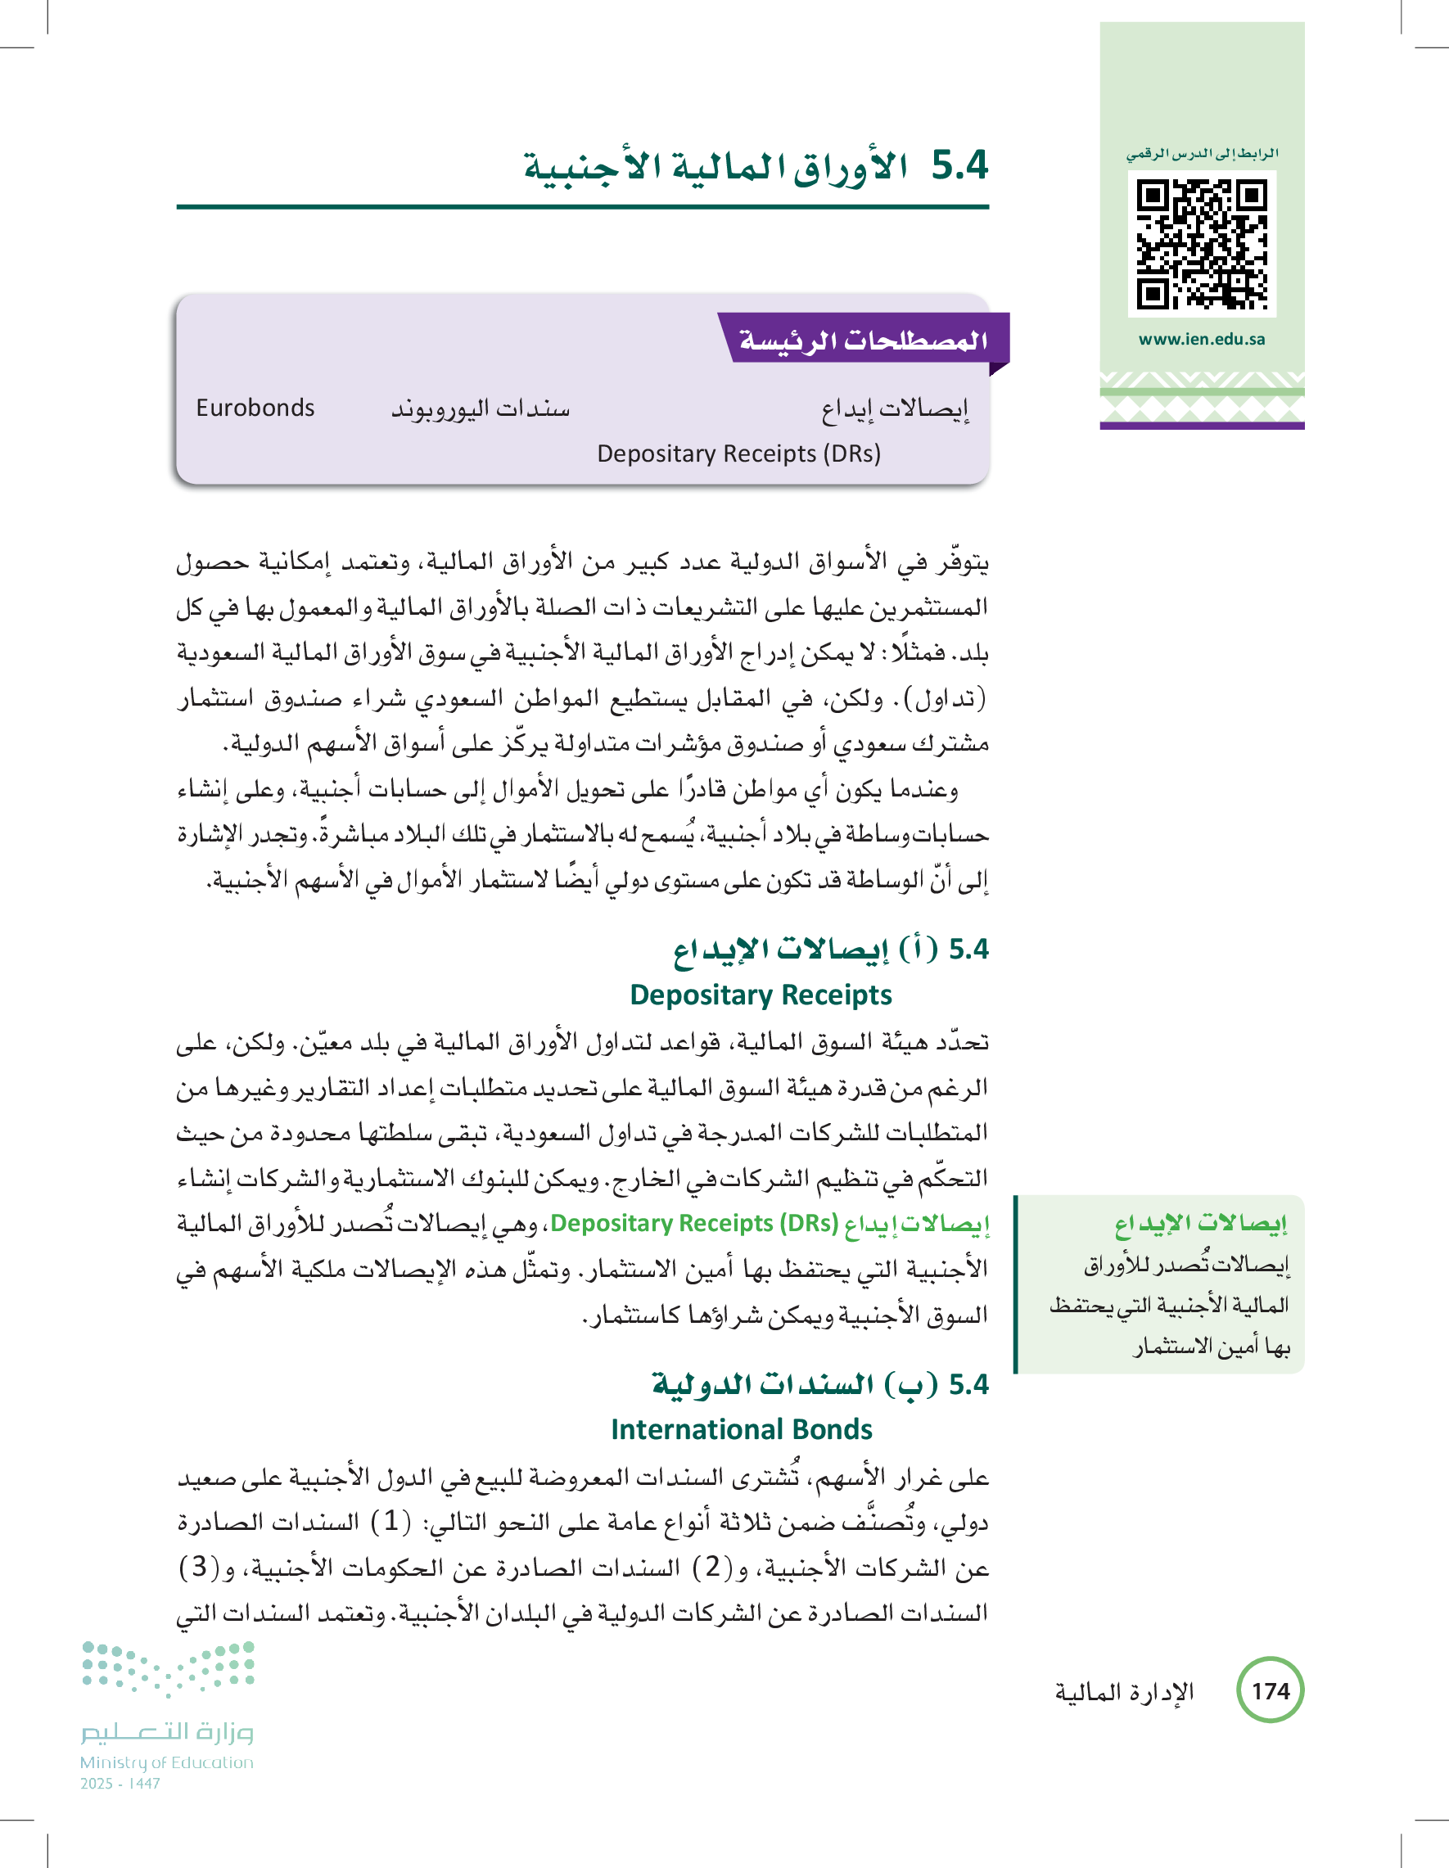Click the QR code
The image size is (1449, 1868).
point(1201,245)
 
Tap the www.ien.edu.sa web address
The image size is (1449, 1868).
point(1201,340)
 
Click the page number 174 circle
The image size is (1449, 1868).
point(1271,1690)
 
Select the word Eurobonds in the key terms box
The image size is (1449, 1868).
point(255,408)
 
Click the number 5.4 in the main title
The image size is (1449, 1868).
point(959,165)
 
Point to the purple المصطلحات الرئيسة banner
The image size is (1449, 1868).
point(864,340)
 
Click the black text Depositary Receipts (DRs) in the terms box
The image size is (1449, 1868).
point(738,453)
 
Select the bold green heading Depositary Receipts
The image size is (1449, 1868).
point(761,995)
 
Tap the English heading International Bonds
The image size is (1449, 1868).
point(742,1429)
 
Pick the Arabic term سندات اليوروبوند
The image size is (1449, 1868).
point(481,408)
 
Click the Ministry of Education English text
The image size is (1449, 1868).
point(167,1762)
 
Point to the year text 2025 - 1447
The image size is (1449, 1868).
point(120,1784)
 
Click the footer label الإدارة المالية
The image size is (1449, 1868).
point(1123,1692)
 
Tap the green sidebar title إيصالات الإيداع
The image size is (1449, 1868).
point(1200,1224)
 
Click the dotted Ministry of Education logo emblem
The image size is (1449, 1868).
point(169,1668)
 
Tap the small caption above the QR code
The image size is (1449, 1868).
point(1201,154)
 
